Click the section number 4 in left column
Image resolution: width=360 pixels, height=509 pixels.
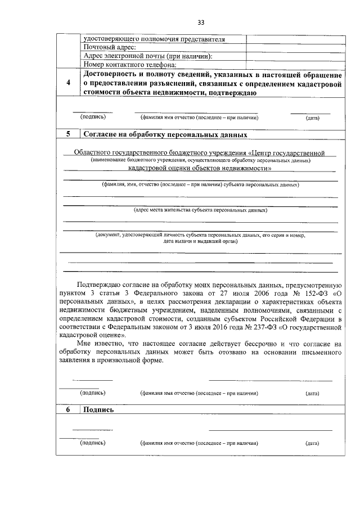pyautogui.click(x=68, y=83)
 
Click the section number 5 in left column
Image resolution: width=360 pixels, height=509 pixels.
pyautogui.click(x=68, y=135)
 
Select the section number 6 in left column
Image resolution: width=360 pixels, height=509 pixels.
pyautogui.click(x=68, y=410)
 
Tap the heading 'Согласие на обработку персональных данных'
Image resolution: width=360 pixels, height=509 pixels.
pyautogui.click(x=165, y=135)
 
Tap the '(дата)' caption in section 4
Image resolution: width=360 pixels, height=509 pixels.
pyautogui.click(x=312, y=118)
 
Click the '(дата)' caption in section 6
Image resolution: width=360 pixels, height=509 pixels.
pyautogui.click(x=312, y=443)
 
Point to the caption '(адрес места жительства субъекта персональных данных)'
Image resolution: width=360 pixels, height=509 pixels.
pyautogui.click(x=200, y=210)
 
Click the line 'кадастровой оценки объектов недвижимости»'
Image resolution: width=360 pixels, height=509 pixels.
pyautogui.click(x=200, y=168)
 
